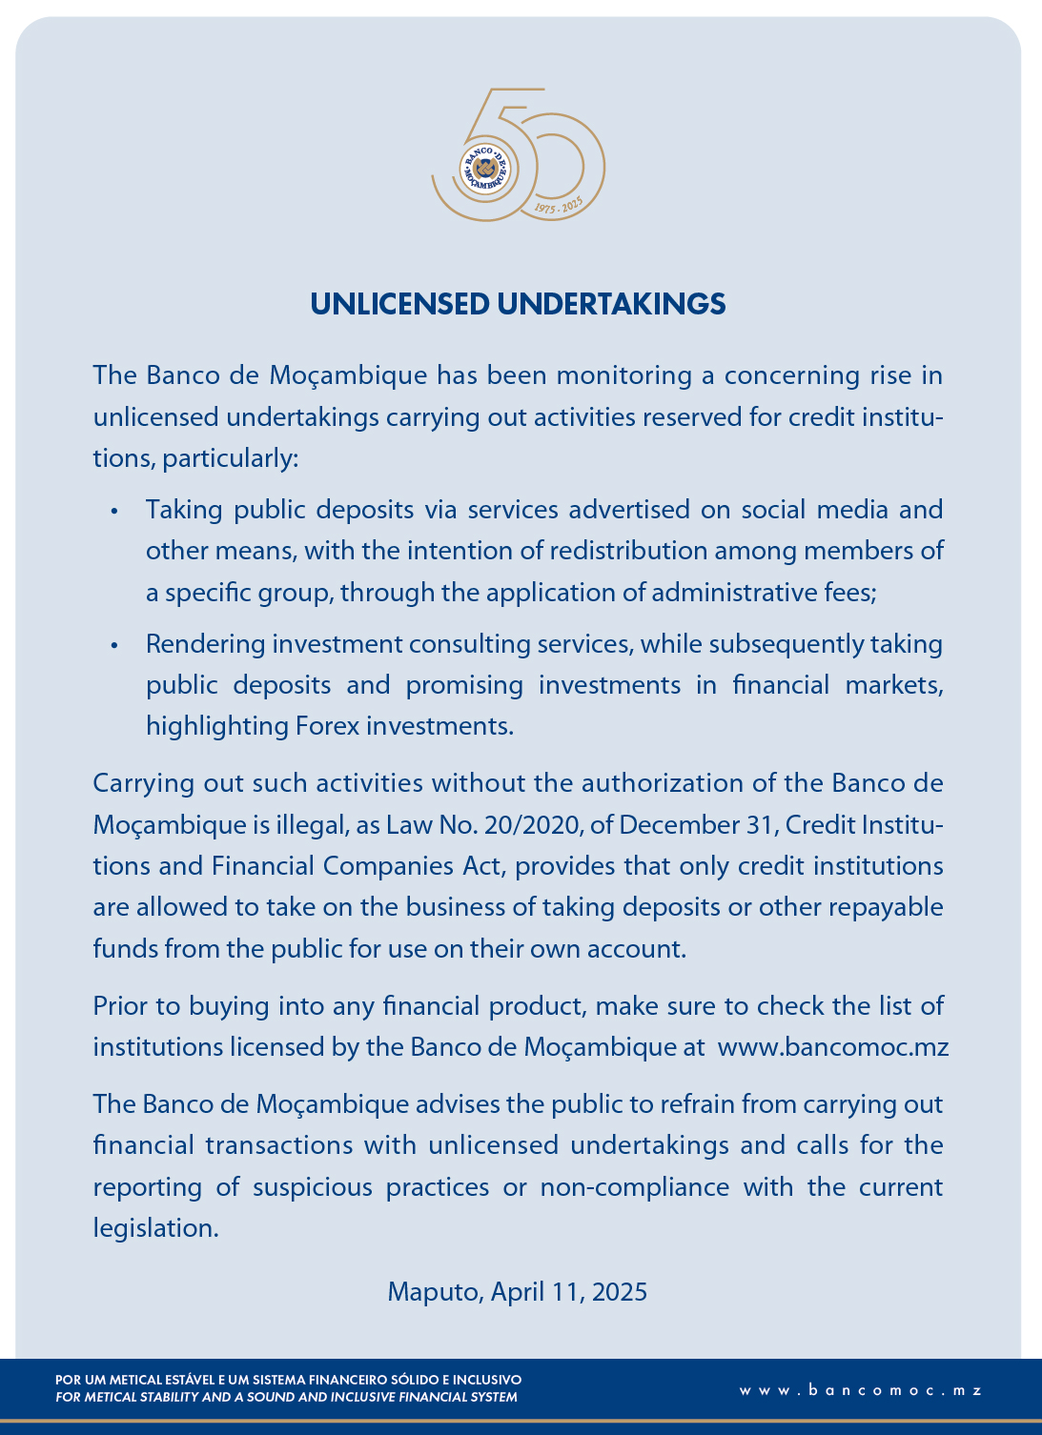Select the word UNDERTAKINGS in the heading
(611, 304)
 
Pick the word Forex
(328, 726)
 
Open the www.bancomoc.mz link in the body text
(832, 1047)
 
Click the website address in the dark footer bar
(860, 1390)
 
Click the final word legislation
(155, 1228)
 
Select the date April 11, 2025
(568, 1292)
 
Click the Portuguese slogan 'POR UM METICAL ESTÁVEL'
(288, 1380)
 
